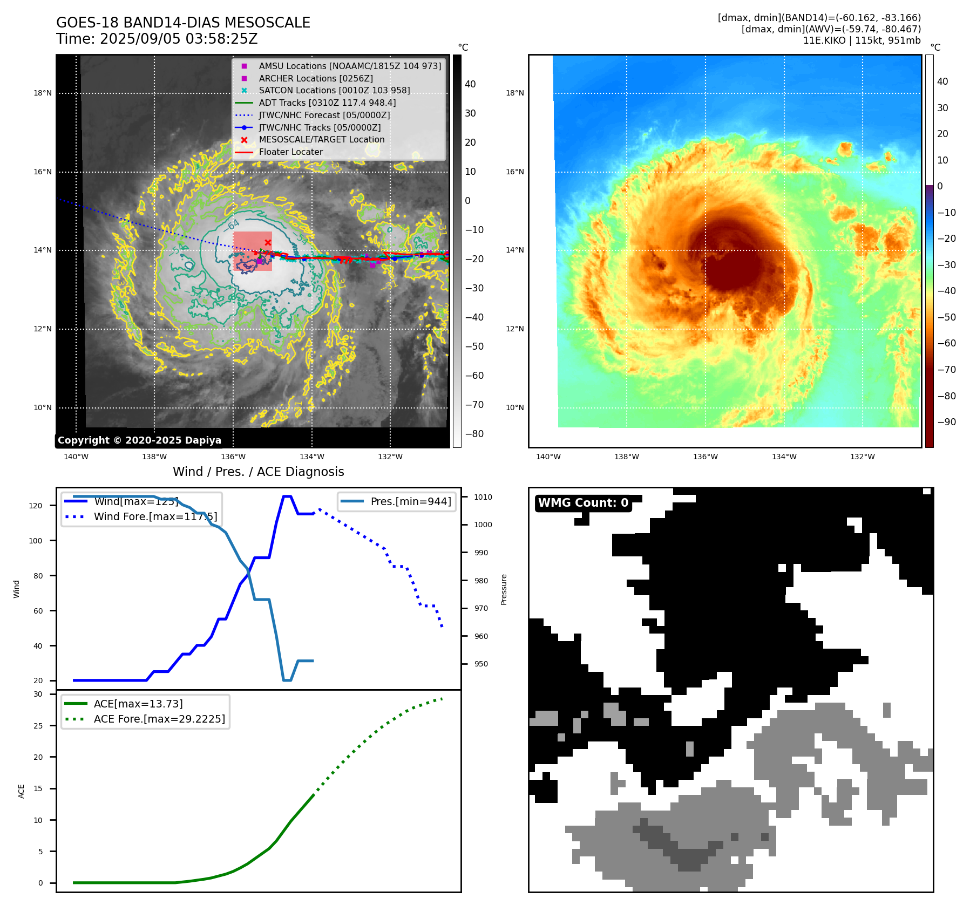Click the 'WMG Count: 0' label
coord(583,503)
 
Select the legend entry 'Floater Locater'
coord(290,152)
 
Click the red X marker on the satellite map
coord(268,243)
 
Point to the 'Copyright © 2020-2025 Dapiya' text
coord(139,440)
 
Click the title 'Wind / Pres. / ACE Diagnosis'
coord(258,472)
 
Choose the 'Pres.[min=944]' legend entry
coord(410,501)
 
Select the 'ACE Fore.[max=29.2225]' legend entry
coord(159,719)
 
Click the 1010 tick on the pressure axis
coord(483,497)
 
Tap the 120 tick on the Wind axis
coord(35,506)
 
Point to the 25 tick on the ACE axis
coord(38,726)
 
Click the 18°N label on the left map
coord(43,93)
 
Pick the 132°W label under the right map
coord(862,457)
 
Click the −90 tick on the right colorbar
coord(946,422)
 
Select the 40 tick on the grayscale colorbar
coord(470,84)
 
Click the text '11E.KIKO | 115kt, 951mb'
coord(862,40)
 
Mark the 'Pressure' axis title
coord(504,589)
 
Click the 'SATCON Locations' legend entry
coord(334,91)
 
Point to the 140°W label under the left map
coord(76,457)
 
